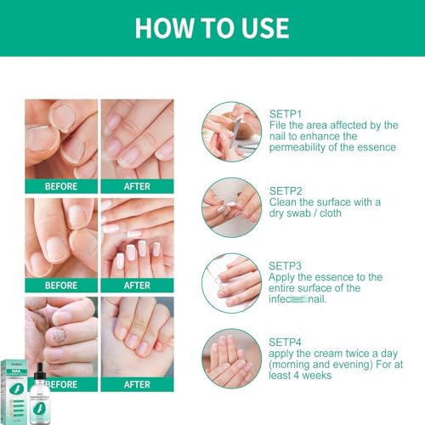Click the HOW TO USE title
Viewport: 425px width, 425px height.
212,27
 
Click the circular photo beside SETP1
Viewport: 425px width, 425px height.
232,131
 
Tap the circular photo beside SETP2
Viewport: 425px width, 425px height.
232,206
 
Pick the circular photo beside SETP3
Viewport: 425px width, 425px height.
232,281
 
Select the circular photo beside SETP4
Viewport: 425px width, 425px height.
232,358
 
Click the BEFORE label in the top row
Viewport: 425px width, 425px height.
60,186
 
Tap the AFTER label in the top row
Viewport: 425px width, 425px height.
137,186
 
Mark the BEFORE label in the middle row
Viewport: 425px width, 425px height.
60,285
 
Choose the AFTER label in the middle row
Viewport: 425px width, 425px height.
137,285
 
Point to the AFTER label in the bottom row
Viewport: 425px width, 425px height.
137,383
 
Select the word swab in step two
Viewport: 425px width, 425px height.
302,213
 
